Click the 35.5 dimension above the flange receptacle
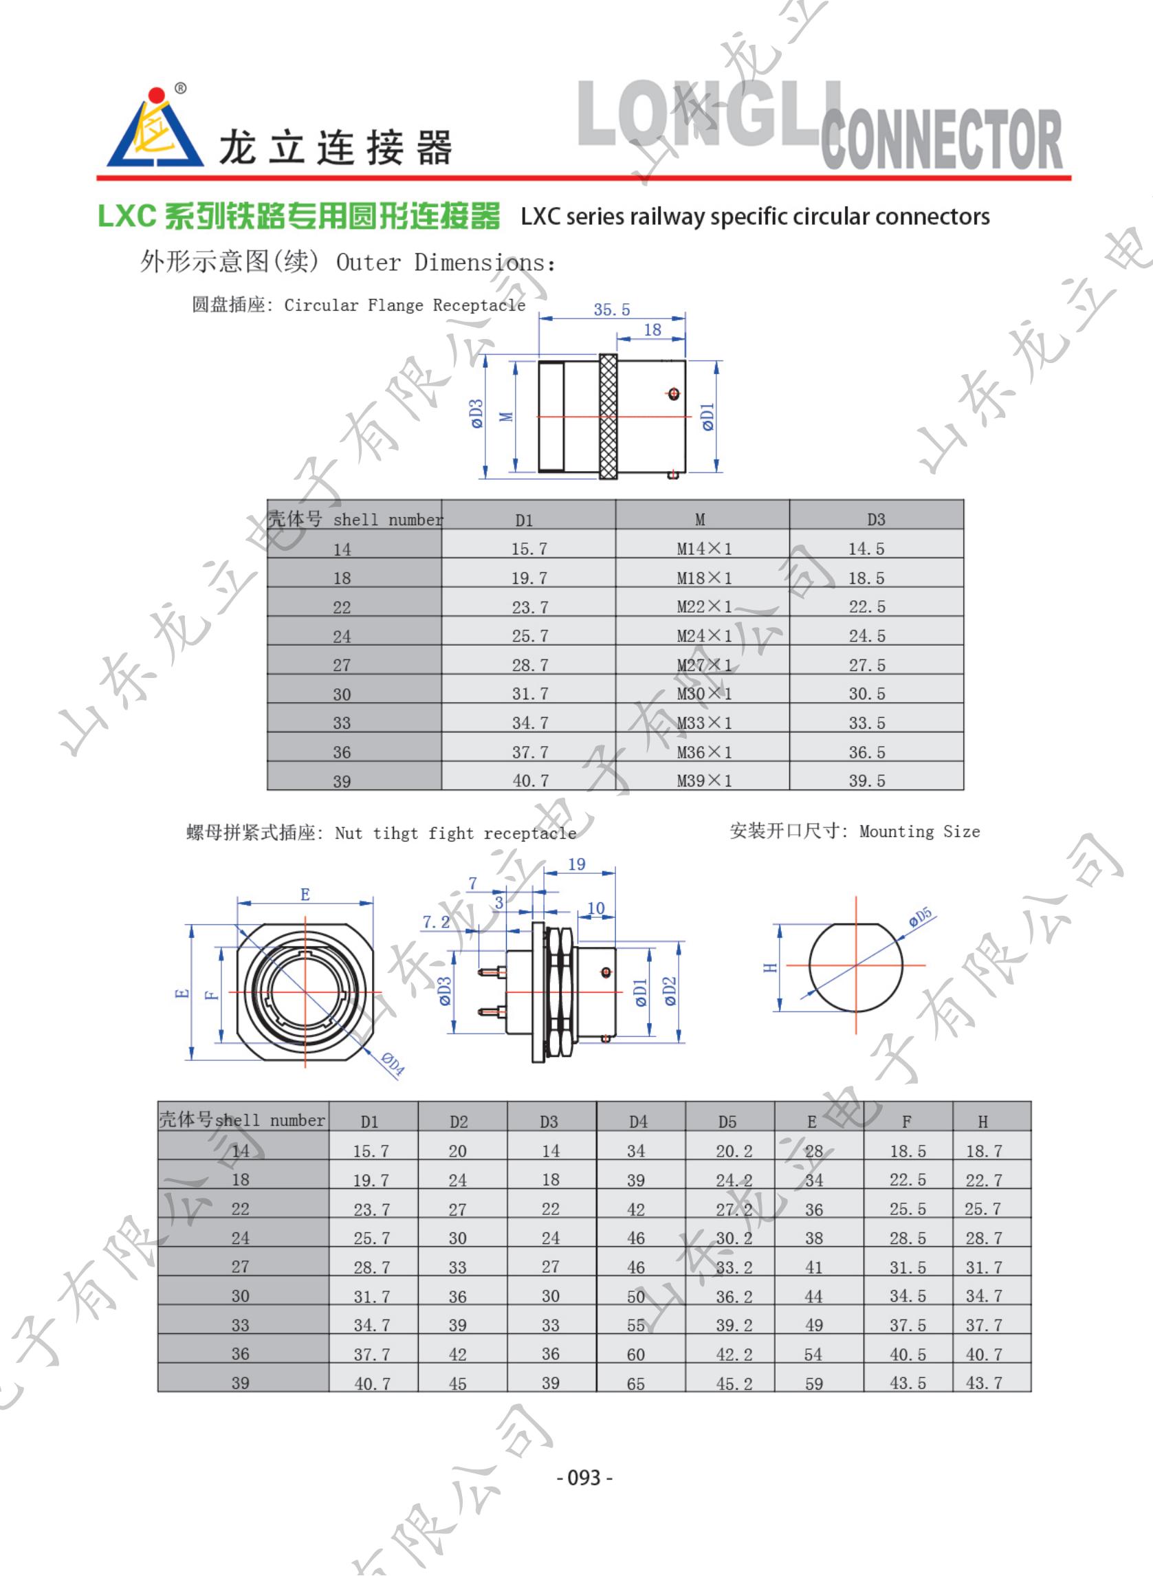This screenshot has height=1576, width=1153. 611,309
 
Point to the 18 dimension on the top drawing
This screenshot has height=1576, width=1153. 652,329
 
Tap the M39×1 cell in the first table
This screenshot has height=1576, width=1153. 703,780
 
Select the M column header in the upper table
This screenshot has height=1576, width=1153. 700,519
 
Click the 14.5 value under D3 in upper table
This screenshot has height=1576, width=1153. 866,549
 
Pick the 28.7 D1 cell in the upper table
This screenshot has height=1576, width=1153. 529,664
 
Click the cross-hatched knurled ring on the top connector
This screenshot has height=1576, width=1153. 608,417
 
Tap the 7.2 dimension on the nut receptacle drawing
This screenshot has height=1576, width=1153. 435,922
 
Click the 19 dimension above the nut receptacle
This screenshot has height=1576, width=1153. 576,864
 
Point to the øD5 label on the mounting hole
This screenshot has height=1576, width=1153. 920,917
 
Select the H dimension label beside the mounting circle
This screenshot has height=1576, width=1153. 769,967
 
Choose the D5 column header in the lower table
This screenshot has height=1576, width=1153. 727,1121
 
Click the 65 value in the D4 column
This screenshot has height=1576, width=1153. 635,1383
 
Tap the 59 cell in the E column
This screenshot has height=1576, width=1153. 813,1383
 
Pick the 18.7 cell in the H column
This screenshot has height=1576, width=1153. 983,1151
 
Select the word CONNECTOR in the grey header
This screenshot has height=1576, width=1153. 941,140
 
